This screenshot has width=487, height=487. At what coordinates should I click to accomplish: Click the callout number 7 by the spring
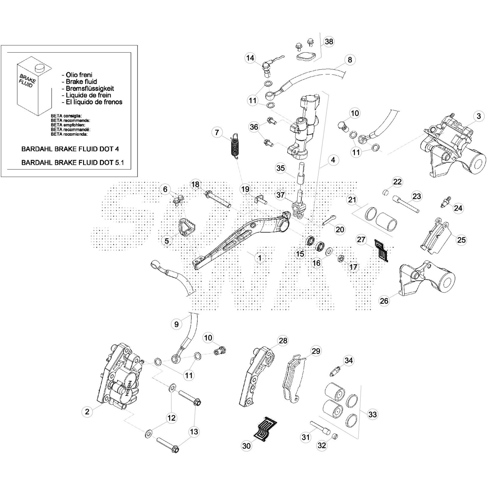[x=217, y=132]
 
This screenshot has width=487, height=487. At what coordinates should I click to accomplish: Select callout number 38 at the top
[x=329, y=41]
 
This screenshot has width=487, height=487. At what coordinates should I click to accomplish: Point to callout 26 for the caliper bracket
[x=384, y=301]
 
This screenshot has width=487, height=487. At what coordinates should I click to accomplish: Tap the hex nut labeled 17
[x=341, y=259]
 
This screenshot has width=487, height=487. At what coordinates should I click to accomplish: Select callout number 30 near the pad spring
[x=246, y=446]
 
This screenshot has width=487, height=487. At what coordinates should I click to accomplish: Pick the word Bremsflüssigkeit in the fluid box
[x=90, y=89]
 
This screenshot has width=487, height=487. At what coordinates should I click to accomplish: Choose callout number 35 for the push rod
[x=280, y=168]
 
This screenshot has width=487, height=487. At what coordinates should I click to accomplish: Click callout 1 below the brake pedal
[x=260, y=258]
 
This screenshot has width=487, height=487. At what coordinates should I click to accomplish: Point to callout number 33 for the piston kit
[x=372, y=414]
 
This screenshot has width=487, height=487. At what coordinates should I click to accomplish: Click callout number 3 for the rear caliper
[x=479, y=116]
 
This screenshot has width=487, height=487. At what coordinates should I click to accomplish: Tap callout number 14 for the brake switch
[x=250, y=58]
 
